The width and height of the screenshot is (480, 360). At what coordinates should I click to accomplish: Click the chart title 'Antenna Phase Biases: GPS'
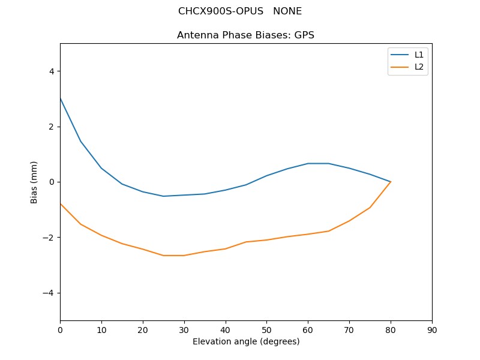coord(245,35)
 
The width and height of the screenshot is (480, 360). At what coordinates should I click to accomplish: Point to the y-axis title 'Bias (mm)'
coord(34,182)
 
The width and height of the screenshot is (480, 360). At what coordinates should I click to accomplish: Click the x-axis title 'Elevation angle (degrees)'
coord(245,341)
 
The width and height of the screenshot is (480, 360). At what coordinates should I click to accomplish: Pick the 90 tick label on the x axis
coord(432,329)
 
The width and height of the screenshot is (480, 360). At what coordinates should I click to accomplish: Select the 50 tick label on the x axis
coord(266,329)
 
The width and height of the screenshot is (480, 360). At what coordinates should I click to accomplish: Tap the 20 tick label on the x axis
coord(143,329)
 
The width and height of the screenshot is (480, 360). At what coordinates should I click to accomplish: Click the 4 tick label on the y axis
coord(51,71)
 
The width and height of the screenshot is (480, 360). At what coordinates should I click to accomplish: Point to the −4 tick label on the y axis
coord(49,293)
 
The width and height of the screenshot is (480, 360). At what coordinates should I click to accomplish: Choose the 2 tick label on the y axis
coord(51,127)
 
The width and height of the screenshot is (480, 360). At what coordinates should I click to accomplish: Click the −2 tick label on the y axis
coord(49,238)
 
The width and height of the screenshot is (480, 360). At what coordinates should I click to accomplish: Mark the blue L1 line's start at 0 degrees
coord(60,98)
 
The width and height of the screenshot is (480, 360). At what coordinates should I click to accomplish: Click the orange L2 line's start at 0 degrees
coord(60,203)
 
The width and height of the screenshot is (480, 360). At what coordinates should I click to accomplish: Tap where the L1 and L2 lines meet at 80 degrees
coord(391,182)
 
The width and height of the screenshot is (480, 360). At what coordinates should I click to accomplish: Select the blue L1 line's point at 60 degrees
coord(308,163)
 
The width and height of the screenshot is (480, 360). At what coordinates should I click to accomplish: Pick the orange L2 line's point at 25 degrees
coord(163,256)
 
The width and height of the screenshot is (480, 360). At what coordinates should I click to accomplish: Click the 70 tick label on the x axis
coord(349,329)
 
